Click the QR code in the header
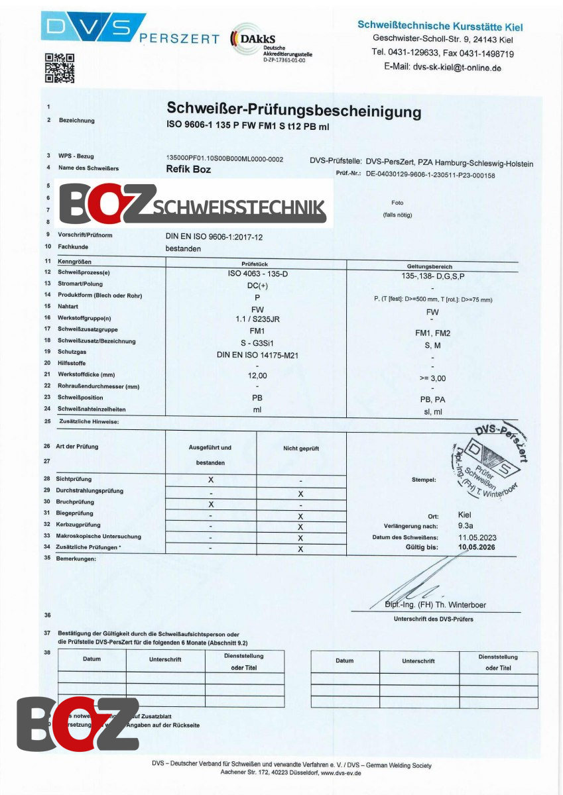59,68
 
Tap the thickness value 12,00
257,375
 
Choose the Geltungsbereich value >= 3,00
432,378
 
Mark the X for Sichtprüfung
211,478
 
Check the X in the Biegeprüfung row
300,516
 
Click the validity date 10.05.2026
477,548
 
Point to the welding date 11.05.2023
477,537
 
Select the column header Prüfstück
255,264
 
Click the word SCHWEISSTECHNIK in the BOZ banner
239,209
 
